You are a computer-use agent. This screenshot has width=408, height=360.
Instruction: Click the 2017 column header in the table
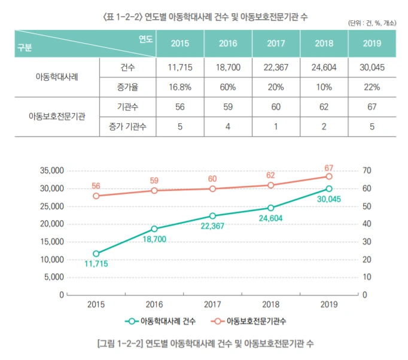[x=276, y=43]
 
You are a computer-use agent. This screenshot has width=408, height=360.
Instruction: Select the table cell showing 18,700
[x=228, y=68]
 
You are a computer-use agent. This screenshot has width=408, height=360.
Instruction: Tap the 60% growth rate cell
[x=228, y=87]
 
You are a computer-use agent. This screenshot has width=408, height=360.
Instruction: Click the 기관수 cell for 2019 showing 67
[x=371, y=107]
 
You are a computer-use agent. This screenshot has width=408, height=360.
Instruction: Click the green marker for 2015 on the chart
[x=96, y=254]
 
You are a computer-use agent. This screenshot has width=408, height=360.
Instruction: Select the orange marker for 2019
[x=329, y=176]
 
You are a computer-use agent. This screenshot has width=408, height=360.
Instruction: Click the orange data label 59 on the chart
[x=154, y=179]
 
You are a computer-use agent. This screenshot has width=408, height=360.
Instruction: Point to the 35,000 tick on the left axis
[x=51, y=170]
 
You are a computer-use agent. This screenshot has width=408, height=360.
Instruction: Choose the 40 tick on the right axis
[x=366, y=224]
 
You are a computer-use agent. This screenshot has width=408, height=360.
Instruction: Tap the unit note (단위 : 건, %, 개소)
[x=375, y=23]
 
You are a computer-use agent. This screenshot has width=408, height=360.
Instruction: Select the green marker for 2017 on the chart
[x=212, y=216]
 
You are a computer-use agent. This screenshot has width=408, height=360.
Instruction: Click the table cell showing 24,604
[x=324, y=68]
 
